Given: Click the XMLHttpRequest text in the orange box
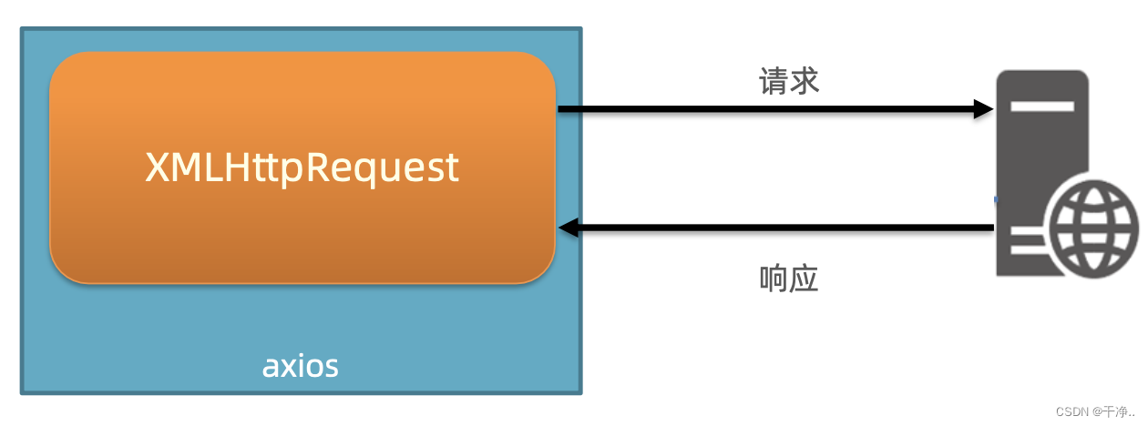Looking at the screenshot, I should [302, 168].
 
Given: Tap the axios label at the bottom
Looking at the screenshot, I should [301, 366].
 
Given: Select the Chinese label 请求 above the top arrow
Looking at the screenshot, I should [789, 82].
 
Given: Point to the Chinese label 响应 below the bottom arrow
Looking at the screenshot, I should [789, 279].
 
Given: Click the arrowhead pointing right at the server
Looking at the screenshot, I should [983, 109].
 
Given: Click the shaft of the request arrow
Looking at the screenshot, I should [765, 109].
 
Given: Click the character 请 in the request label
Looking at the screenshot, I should [774, 82].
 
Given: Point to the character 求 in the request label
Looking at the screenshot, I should [805, 82].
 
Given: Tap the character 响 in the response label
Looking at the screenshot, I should [774, 279].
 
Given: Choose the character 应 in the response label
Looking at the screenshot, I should [805, 279].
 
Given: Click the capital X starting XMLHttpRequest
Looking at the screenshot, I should [156, 168].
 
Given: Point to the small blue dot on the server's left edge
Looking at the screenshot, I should [996, 198].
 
